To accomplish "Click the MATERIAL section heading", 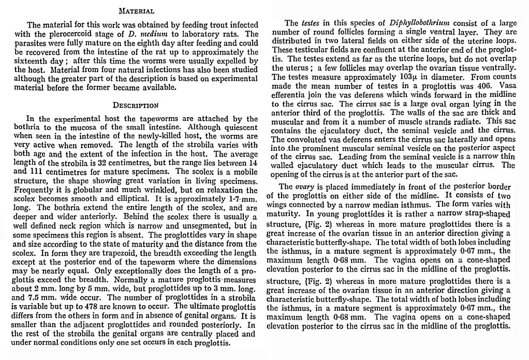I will pyautogui.click(x=136, y=10).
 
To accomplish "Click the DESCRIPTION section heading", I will pyautogui.click(x=136, y=105).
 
